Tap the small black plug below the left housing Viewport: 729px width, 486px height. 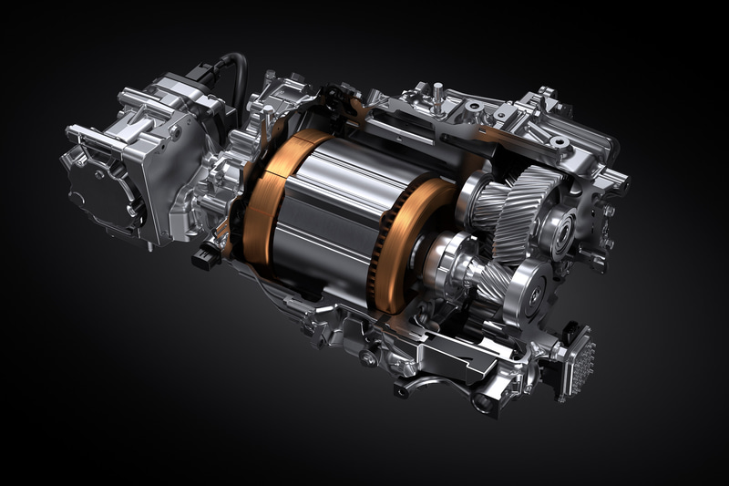pyautogui.click(x=202, y=257)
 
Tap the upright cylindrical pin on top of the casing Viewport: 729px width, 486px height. pyautogui.click(x=438, y=93)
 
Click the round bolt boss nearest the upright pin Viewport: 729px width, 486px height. pyautogui.click(x=474, y=107)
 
